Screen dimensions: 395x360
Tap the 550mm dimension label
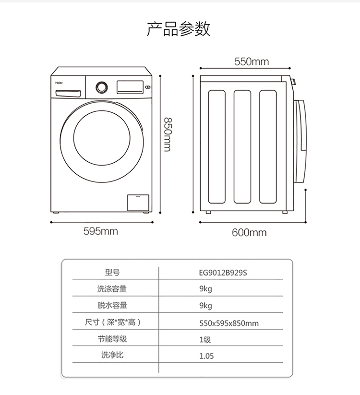tap(252, 61)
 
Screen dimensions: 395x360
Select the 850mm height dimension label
tap(167, 135)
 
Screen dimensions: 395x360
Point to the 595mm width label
tap(101, 231)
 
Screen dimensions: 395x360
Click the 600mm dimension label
tap(249, 233)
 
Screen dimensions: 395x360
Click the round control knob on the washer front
tap(101, 87)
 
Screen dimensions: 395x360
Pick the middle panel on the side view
tap(243, 146)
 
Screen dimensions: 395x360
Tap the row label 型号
tap(112, 272)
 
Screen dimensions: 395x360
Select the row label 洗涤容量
tap(112, 289)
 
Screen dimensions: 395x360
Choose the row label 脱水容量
tap(112, 306)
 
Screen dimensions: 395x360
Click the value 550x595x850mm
tap(229, 323)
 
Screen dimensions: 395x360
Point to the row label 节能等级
tap(112, 339)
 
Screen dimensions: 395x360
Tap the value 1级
tap(205, 340)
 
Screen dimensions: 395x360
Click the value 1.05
tap(206, 356)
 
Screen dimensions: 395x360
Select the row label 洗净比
tap(112, 356)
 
